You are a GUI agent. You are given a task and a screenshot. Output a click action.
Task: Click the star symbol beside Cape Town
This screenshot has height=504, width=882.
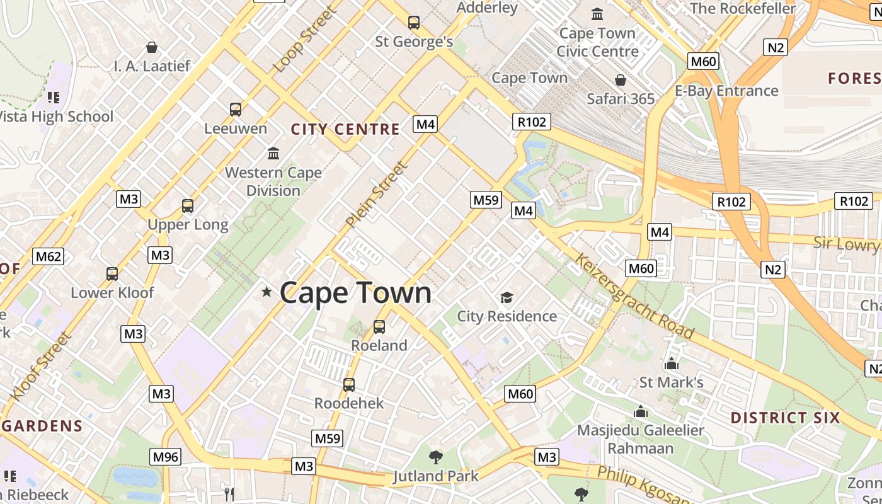[266, 292]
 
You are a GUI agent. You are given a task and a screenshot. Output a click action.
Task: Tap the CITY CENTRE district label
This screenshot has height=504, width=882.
[345, 129]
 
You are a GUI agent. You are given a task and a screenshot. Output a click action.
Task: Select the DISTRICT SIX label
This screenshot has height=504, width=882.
[785, 418]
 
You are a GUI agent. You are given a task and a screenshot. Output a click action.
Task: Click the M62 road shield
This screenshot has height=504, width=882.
[49, 256]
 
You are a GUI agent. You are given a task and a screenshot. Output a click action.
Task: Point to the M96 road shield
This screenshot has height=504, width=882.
[165, 457]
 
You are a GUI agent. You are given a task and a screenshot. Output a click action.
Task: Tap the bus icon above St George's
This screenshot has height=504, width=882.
[414, 23]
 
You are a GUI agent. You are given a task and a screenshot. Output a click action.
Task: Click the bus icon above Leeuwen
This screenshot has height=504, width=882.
[236, 110]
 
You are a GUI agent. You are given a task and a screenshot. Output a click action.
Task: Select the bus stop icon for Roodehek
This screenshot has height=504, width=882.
[349, 384]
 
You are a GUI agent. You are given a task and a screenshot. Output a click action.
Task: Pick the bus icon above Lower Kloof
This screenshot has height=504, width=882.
[112, 273]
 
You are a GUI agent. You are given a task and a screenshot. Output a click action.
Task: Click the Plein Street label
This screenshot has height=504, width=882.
[377, 195]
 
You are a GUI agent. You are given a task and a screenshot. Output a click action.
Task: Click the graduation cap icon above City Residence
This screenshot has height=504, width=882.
[507, 297]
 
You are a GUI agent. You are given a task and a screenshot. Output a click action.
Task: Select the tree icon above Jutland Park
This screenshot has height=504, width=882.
[435, 457]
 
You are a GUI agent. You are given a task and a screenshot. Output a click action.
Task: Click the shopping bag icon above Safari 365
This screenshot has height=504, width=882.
[621, 80]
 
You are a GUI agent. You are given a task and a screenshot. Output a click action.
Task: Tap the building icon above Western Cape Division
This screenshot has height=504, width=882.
[273, 153]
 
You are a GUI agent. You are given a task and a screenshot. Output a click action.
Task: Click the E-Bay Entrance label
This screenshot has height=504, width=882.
[726, 91]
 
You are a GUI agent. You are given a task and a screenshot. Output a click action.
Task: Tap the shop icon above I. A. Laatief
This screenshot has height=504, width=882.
[152, 47]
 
